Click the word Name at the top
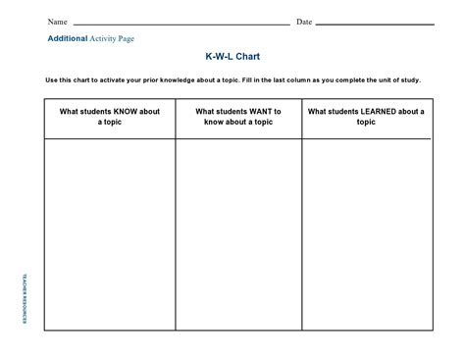click(58, 22)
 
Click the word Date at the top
click(304, 22)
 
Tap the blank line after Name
click(181, 24)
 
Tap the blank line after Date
click(375, 24)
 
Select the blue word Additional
click(68, 38)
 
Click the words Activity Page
click(112, 38)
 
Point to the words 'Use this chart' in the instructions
click(67, 79)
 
